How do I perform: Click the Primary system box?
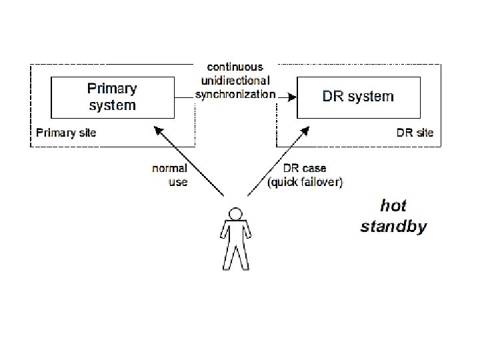point(112,97)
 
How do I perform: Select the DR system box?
point(358,97)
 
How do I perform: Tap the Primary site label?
point(66,133)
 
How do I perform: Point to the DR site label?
point(415,133)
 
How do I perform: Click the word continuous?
point(235,67)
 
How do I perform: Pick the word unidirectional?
point(235,80)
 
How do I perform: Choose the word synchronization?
point(235,94)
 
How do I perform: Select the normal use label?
point(170,175)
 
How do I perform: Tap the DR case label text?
point(305,168)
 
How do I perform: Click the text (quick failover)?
point(305,182)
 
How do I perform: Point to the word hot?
point(393,205)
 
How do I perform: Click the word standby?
point(393,227)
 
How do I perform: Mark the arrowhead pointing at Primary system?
point(157,127)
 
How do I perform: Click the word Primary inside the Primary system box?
point(112,89)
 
